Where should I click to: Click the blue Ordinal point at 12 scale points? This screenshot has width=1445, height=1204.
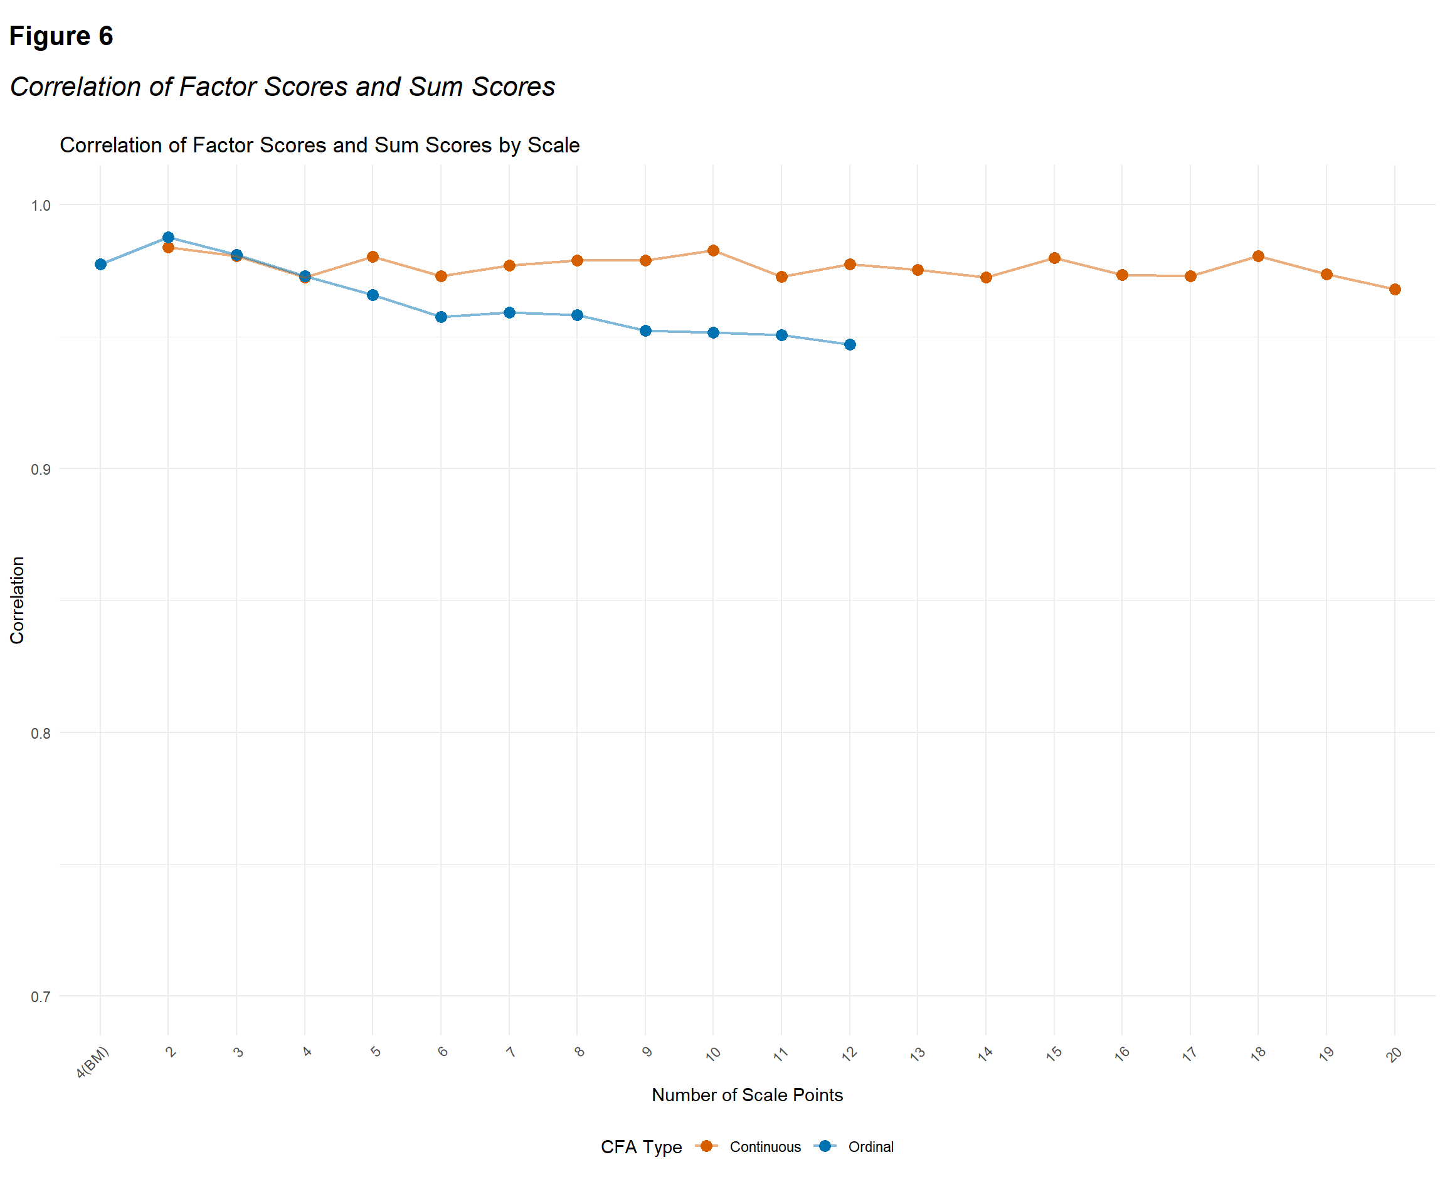[x=850, y=345]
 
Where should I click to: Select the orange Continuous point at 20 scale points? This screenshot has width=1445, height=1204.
[x=1395, y=290]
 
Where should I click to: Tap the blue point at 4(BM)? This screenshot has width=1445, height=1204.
[x=100, y=264]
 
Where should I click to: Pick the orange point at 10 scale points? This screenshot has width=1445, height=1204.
[x=714, y=250]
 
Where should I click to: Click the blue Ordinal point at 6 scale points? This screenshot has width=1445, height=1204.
[x=441, y=317]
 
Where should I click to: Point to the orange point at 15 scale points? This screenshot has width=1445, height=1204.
[x=1054, y=258]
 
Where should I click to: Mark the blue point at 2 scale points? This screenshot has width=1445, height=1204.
[x=169, y=238]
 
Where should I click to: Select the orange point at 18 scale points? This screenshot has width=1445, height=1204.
[x=1259, y=256]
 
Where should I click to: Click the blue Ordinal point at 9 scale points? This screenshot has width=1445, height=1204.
[x=645, y=331]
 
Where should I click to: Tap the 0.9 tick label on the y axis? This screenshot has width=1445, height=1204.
[x=41, y=469]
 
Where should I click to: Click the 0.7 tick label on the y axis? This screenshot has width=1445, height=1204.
[x=41, y=997]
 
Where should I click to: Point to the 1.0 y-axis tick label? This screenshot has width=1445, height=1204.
[x=41, y=206]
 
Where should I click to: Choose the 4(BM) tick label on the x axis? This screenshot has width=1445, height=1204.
[x=92, y=1062]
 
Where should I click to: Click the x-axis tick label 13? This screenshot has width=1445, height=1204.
[x=917, y=1054]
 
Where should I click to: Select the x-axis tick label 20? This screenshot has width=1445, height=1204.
[x=1394, y=1054]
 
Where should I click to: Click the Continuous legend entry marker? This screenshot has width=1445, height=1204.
[x=707, y=1147]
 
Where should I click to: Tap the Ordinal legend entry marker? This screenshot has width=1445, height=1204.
[x=825, y=1147]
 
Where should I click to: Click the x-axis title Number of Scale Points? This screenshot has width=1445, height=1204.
[x=747, y=1096]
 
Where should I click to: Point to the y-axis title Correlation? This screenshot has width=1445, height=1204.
[x=17, y=601]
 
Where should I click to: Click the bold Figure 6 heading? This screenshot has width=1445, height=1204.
[x=61, y=36]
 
